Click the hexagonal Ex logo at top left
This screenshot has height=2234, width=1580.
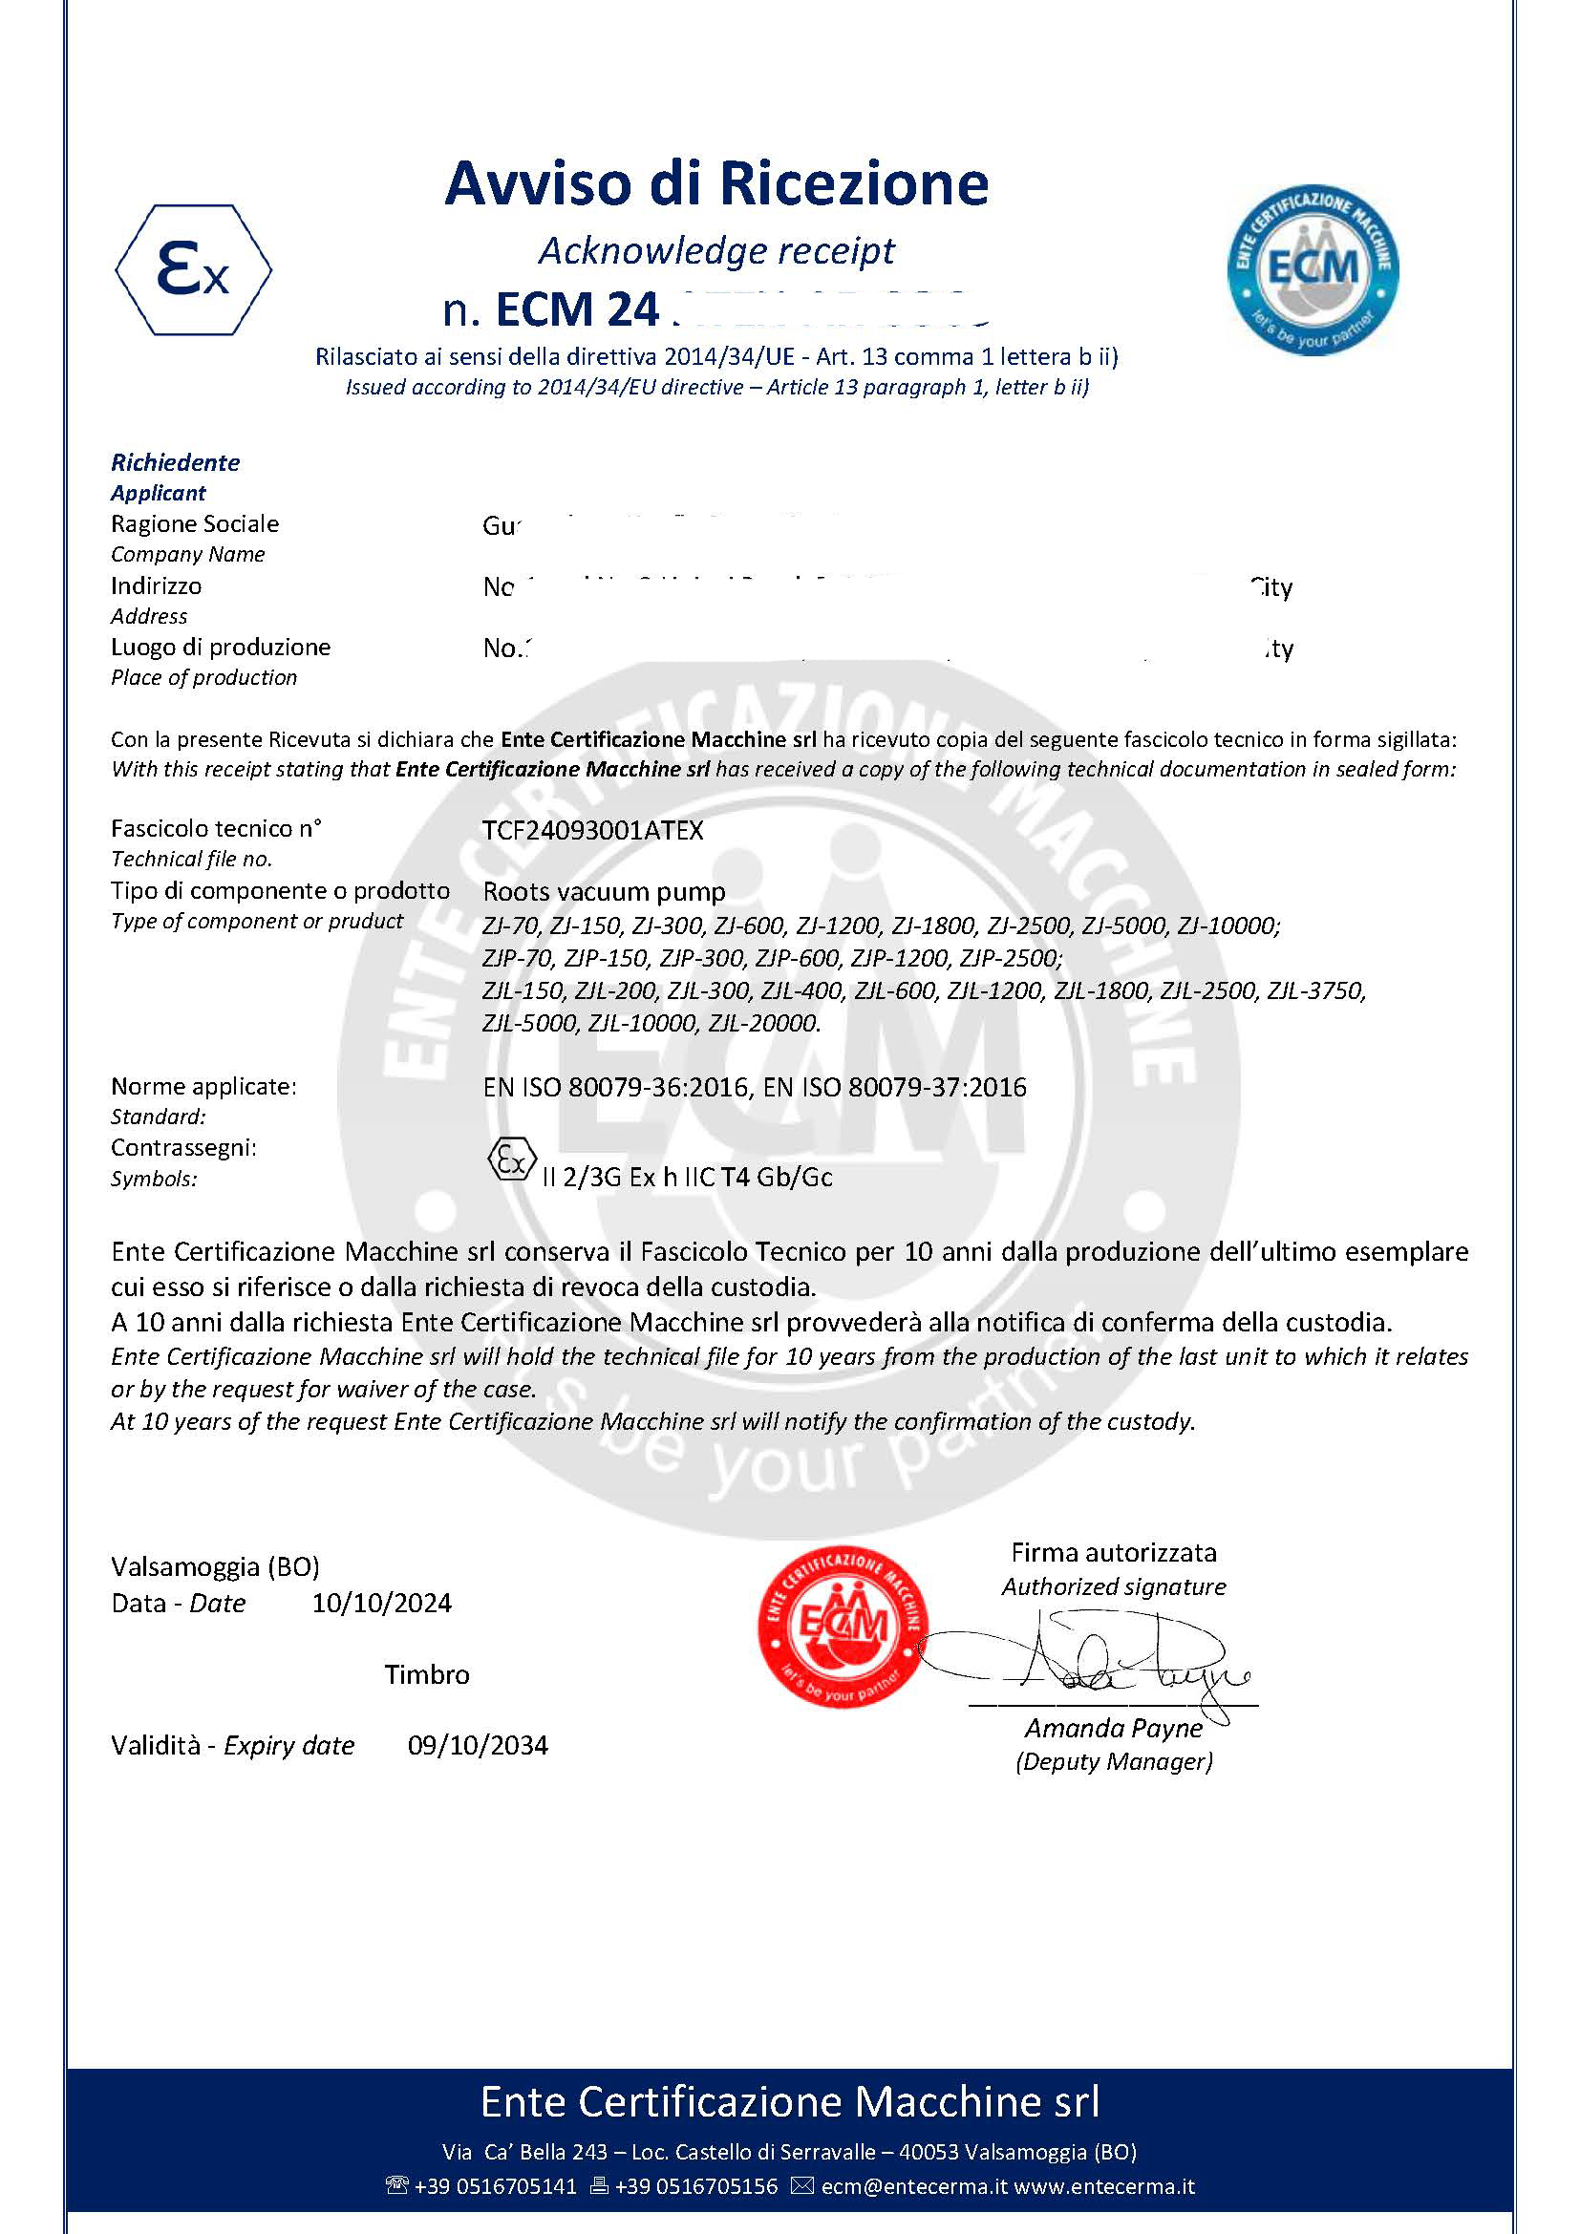tap(194, 269)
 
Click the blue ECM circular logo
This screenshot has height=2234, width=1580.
tap(1313, 269)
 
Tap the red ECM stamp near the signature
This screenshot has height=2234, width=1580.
tap(843, 1626)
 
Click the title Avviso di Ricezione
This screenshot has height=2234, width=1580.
tap(716, 183)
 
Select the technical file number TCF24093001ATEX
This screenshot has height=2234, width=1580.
tap(592, 830)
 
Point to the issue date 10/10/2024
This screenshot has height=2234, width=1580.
tap(381, 1603)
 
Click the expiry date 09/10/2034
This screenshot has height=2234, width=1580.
tap(478, 1745)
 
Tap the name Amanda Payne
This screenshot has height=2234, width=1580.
tap(1113, 1727)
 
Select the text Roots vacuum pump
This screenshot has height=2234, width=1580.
tap(604, 891)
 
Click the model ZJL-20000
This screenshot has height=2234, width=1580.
tap(765, 1023)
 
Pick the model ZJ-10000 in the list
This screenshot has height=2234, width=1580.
tap(1228, 926)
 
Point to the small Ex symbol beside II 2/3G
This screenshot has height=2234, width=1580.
tap(511, 1159)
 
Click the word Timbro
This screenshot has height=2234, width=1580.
tap(426, 1673)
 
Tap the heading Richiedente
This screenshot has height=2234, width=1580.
tap(175, 462)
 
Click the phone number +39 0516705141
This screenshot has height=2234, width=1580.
tap(494, 2185)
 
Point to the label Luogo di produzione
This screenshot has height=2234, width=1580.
tap(221, 647)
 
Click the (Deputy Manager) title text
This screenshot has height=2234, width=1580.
tap(1114, 1761)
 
